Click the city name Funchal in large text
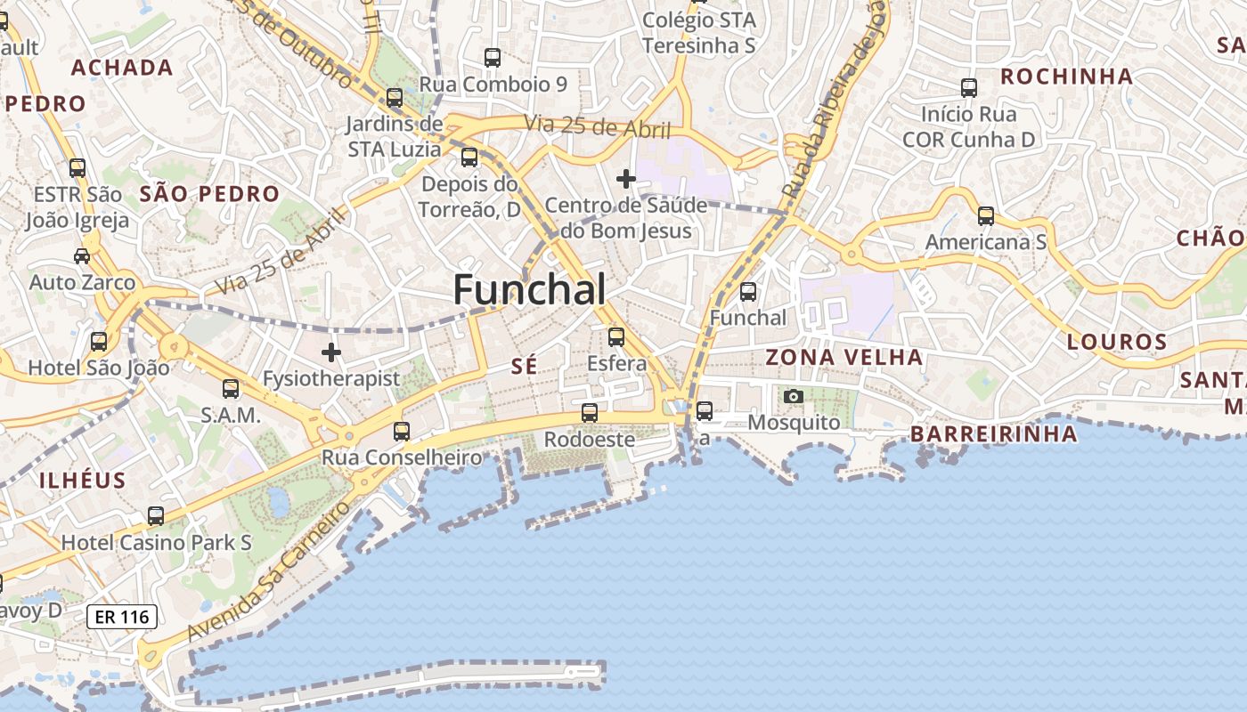coord(529,289)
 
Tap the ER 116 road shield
coord(122,616)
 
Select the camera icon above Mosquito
coord(793,396)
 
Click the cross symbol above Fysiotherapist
coord(331,352)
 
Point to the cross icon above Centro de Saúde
coord(626,179)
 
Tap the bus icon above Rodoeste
coord(590,413)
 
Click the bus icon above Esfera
coord(616,337)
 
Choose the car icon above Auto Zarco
coord(82,256)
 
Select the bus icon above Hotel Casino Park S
coord(156,516)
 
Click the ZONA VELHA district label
coord(844,358)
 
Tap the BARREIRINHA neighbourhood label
coord(993,434)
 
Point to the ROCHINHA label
coord(1066,77)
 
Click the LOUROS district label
coord(1117,342)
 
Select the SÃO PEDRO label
coord(209,194)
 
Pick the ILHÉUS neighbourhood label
coord(82,481)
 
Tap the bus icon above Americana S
coord(986,216)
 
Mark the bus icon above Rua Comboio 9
coord(493,58)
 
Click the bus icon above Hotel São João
coord(99,341)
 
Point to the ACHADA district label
coord(122,68)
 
